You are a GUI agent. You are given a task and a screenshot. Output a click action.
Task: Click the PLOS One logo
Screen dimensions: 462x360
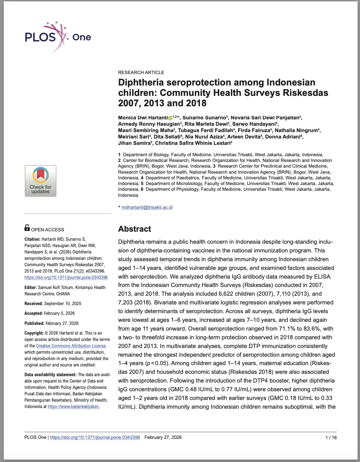tap(58, 37)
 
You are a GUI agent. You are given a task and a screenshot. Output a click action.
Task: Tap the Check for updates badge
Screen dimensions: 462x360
tap(41, 181)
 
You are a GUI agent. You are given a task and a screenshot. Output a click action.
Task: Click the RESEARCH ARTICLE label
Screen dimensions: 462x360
tap(141, 72)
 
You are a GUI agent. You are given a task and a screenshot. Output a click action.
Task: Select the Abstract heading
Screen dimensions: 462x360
tap(134, 229)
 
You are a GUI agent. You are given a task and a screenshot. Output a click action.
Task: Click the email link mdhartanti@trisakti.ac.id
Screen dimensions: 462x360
tap(147, 207)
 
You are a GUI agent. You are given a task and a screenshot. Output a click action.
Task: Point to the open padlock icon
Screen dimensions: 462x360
tap(27, 228)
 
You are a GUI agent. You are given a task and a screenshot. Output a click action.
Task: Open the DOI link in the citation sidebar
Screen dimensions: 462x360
tap(66, 277)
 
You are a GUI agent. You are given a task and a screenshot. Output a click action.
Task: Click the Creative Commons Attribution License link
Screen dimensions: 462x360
tap(71, 346)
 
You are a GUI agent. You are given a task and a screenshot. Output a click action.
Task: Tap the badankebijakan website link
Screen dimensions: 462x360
tap(73, 406)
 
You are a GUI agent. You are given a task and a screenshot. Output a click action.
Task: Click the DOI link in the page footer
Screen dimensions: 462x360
tap(95, 437)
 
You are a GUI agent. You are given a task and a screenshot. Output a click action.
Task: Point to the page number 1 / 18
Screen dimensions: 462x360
tap(331, 438)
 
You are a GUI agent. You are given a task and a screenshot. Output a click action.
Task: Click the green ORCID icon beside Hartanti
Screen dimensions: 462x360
tap(170, 118)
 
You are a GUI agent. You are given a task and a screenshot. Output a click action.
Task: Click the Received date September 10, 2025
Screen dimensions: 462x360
tap(63, 303)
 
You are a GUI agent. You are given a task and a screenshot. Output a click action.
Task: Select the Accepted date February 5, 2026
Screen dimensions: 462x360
tap(59, 313)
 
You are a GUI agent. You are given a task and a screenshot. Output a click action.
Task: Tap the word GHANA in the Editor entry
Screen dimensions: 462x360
tap(63, 294)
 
